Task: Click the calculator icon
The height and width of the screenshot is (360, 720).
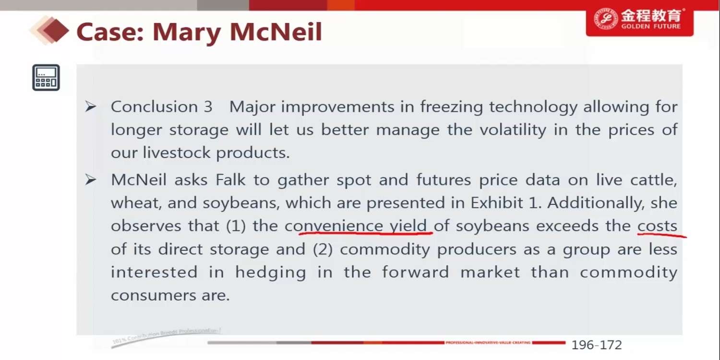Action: [46, 77]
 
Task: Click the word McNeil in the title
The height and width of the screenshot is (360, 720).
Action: [276, 32]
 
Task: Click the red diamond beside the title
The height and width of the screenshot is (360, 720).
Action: [56, 31]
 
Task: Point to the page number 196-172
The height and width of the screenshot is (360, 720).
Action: [597, 345]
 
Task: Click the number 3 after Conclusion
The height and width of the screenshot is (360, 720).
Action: [208, 107]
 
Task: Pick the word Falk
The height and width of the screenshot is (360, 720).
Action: [230, 180]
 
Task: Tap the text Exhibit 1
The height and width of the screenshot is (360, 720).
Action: [506, 203]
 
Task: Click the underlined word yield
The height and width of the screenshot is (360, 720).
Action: [408, 226]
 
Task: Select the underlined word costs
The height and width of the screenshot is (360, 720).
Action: [657, 226]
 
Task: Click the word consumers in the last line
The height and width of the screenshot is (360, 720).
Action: [153, 295]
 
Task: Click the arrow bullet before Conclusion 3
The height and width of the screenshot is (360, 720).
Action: [91, 107]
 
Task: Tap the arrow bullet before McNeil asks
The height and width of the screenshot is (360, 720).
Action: [91, 180]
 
